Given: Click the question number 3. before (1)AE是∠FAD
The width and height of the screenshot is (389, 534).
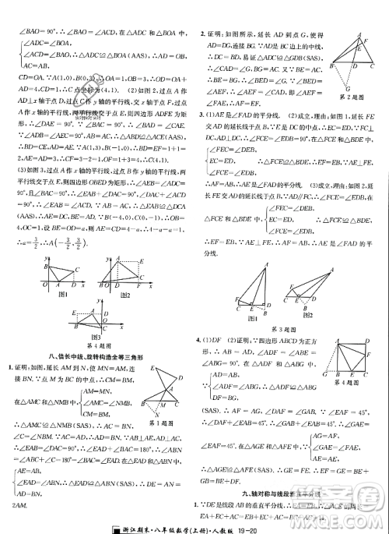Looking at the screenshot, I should click(202, 116).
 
